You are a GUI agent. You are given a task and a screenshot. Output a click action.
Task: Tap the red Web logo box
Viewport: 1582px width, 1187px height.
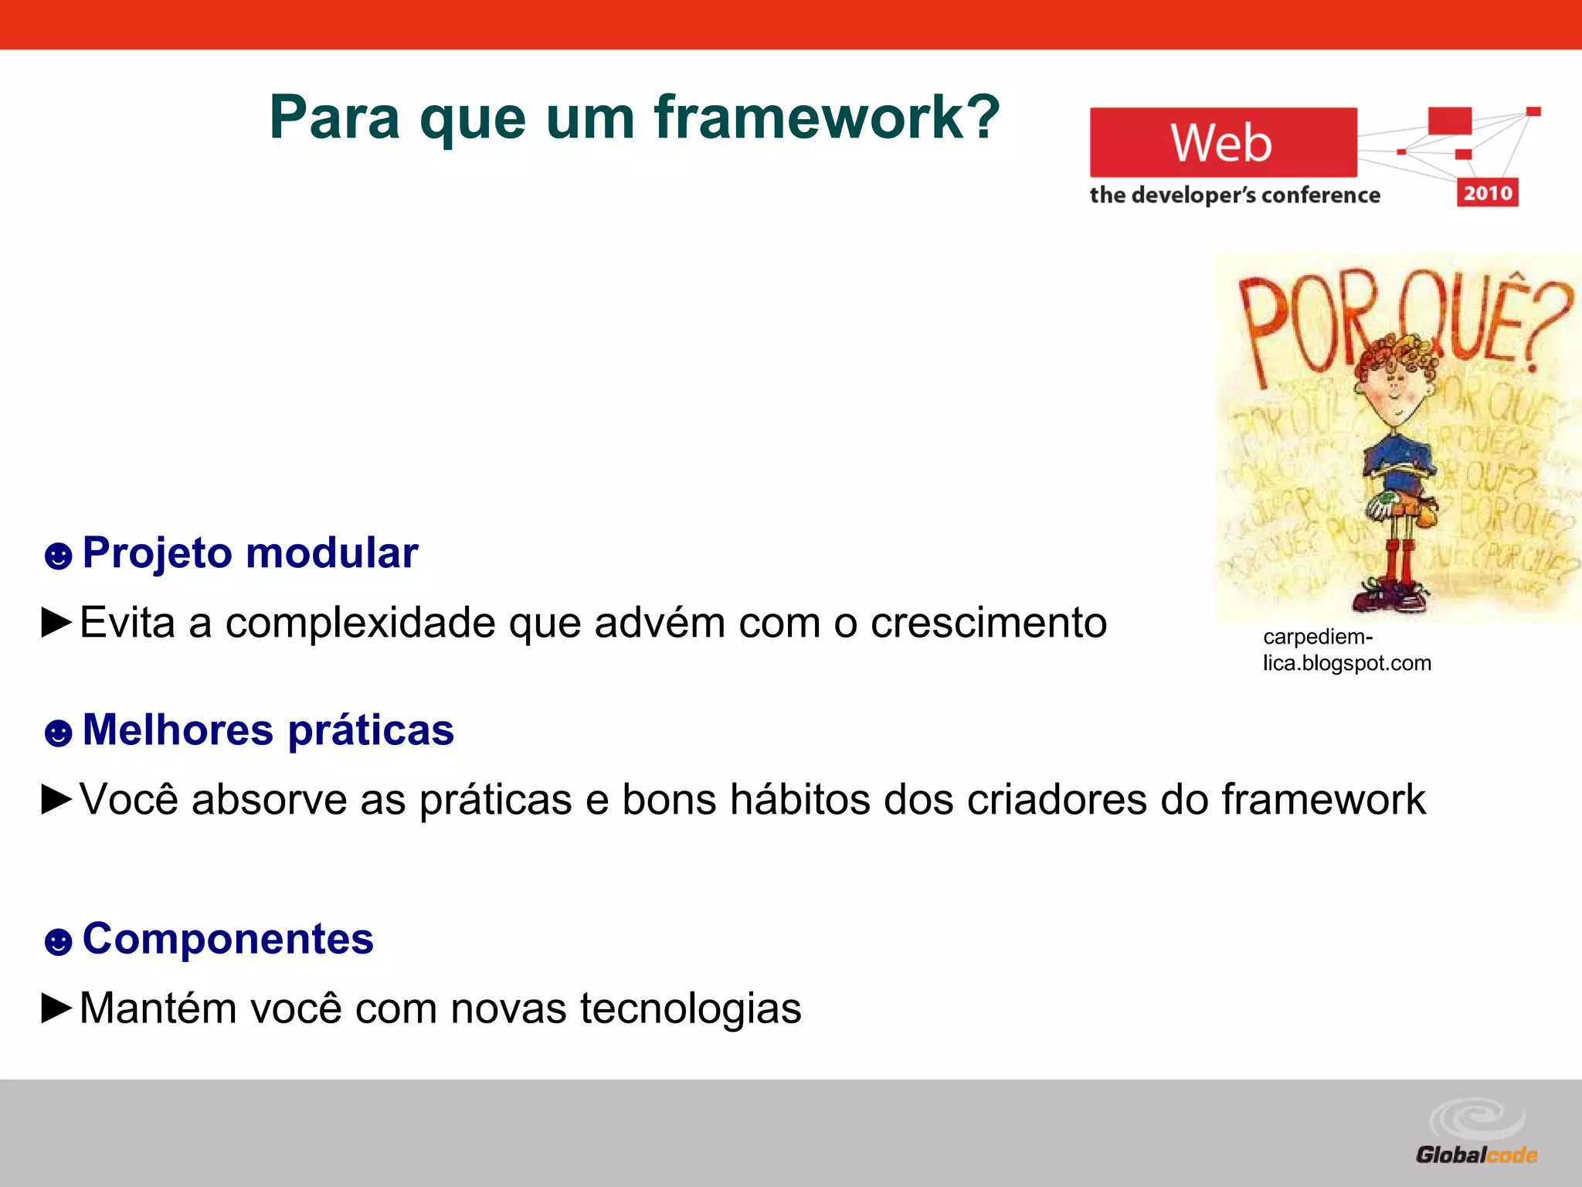[x=1223, y=142]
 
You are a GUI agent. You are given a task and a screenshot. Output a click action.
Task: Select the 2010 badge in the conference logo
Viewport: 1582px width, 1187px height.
[x=1487, y=192]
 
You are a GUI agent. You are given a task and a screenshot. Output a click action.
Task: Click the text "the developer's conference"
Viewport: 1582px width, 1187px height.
[x=1234, y=195]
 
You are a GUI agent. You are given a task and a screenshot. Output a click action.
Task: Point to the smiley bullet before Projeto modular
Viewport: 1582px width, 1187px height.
[x=58, y=555]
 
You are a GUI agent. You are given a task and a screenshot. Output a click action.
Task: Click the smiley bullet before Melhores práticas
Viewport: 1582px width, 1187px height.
[x=58, y=732]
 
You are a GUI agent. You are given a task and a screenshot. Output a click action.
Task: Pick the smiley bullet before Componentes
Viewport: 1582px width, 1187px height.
[x=58, y=941]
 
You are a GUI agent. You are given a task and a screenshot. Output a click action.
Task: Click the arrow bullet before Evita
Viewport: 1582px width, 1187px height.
[x=56, y=622]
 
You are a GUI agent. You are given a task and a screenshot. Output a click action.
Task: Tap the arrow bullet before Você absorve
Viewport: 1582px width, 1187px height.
[x=56, y=799]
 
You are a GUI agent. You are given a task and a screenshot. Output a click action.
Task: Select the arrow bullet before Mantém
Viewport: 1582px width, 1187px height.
[x=56, y=1008]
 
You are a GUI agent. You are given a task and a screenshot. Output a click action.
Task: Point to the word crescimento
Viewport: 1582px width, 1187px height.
[x=989, y=623]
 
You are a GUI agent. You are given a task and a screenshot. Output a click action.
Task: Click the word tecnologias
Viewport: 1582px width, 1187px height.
[x=691, y=1008]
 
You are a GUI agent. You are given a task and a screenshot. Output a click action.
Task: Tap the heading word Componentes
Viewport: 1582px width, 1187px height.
[x=228, y=939]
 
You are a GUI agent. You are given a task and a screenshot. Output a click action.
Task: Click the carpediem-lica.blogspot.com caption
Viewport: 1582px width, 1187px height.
[x=1346, y=650]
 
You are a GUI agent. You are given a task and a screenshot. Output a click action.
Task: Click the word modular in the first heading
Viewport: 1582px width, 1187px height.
[x=332, y=553]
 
